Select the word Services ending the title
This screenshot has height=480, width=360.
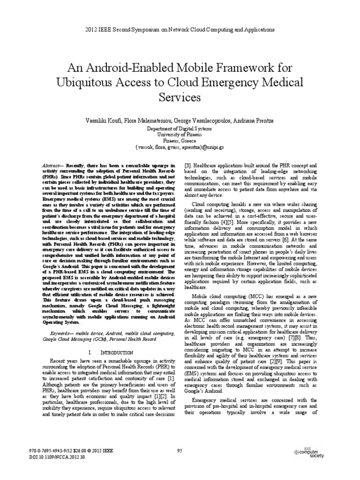coord(180,97)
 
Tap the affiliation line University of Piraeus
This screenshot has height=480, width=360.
coord(180,134)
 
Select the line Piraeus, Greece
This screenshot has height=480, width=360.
coord(180,140)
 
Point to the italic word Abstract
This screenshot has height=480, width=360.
coord(48,166)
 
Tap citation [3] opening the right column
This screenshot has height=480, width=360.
coord(188,166)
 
